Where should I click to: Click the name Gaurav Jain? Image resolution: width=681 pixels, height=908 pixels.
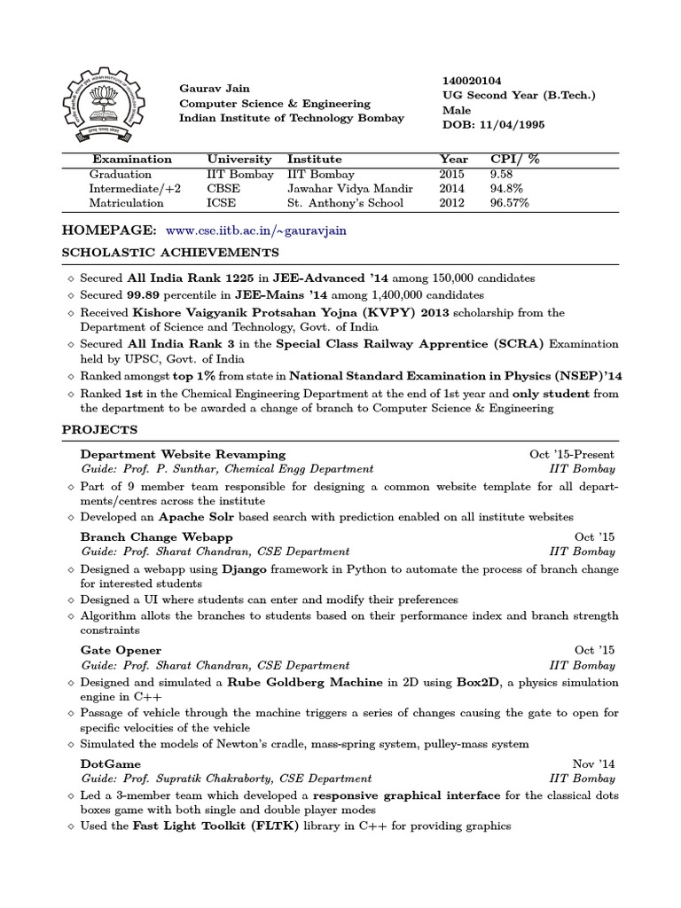click(x=215, y=89)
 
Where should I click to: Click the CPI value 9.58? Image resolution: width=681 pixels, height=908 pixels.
click(x=502, y=175)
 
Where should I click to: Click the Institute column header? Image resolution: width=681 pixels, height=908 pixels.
click(x=314, y=160)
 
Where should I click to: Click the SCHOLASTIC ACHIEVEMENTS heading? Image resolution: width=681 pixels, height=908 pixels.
click(x=158, y=253)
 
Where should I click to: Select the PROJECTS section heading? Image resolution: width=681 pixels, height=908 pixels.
click(x=99, y=430)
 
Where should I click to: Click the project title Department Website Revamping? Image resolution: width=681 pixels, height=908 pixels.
click(x=183, y=454)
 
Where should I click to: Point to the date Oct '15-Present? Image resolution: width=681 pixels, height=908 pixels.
click(x=570, y=454)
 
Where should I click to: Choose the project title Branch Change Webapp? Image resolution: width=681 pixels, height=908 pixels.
click(x=156, y=536)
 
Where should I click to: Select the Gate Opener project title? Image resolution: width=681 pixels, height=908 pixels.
click(x=121, y=650)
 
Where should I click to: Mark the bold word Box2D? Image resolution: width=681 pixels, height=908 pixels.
click(x=470, y=683)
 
